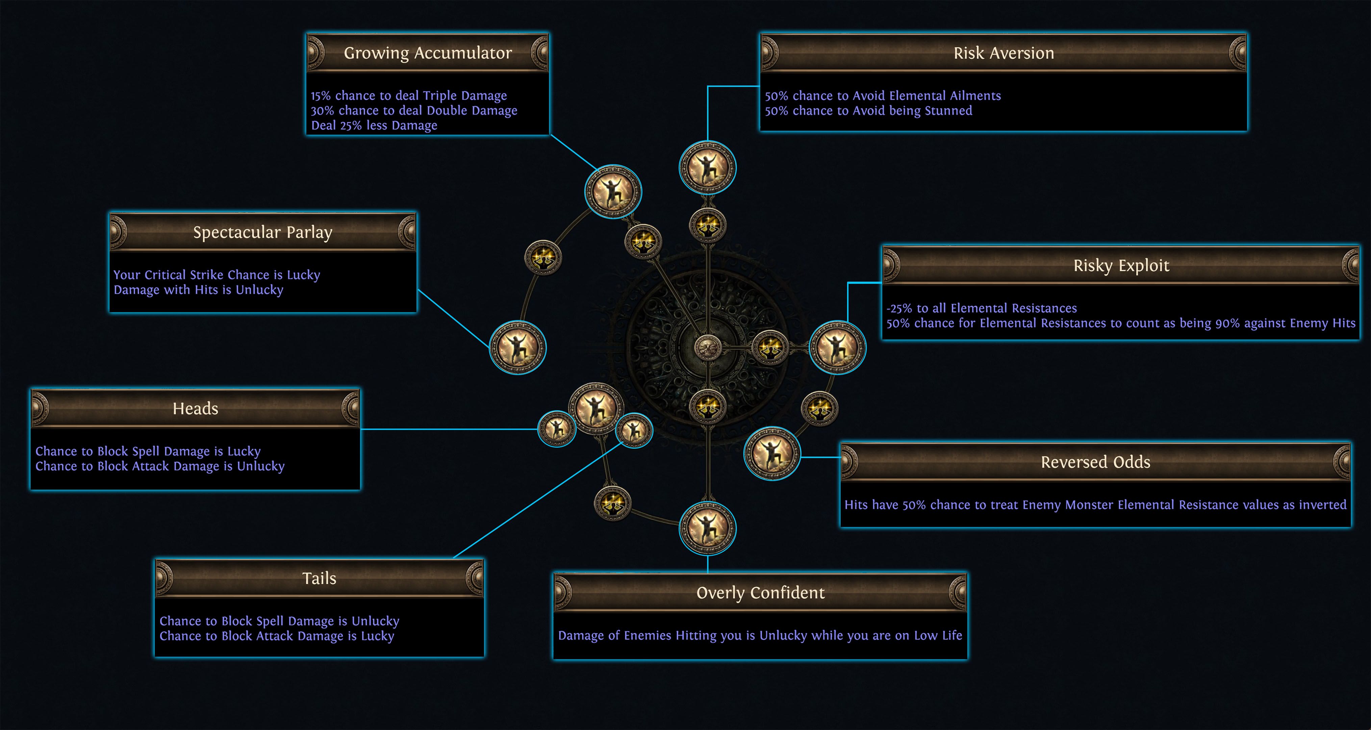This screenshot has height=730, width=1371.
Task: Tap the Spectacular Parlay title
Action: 263,232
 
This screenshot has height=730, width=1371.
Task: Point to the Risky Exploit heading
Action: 1121,265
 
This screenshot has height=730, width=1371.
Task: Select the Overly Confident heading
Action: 761,593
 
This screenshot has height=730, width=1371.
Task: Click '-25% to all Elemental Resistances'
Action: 982,308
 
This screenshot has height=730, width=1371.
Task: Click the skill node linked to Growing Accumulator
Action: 613,191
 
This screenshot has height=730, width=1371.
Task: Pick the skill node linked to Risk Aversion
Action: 707,167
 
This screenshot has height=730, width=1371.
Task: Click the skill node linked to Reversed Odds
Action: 772,453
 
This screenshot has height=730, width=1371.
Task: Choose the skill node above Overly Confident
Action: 707,528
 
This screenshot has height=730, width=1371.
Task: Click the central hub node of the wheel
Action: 707,348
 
